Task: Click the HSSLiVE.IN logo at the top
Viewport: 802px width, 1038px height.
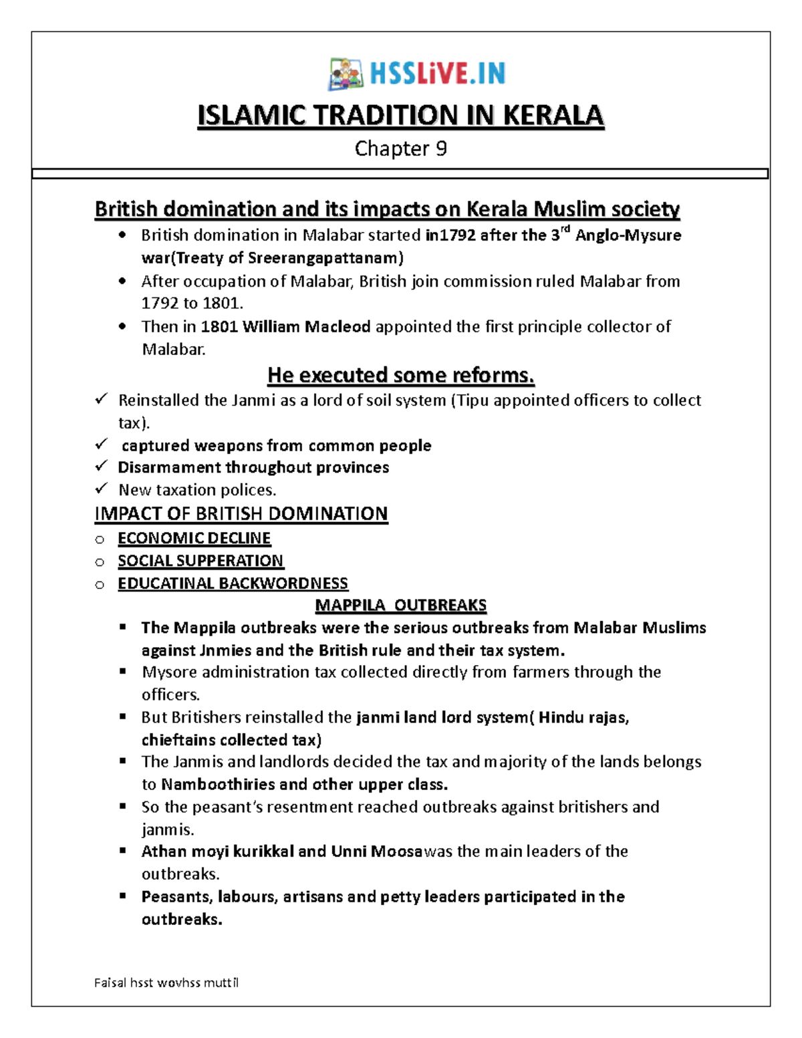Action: [417, 74]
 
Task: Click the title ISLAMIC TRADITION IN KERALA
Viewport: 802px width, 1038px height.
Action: [400, 116]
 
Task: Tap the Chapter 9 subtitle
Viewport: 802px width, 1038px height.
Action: [400, 148]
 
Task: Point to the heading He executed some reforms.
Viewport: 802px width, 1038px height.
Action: [400, 376]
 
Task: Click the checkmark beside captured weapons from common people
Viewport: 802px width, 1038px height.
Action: [102, 444]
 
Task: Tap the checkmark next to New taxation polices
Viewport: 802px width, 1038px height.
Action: [102, 489]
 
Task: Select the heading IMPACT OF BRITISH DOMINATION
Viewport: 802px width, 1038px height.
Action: [241, 513]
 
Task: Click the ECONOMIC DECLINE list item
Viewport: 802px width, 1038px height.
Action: [194, 538]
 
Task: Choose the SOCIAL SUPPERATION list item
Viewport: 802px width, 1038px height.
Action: [200, 561]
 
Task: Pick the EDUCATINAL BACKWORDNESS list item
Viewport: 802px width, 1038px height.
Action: [233, 583]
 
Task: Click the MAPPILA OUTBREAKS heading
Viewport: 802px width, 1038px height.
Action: [400, 606]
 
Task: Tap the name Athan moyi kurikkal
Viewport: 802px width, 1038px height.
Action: [217, 852]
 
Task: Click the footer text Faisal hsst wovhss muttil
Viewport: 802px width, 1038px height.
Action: [166, 983]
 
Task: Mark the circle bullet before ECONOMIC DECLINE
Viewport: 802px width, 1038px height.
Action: [100, 539]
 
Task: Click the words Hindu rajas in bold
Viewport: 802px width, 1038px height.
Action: [583, 717]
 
